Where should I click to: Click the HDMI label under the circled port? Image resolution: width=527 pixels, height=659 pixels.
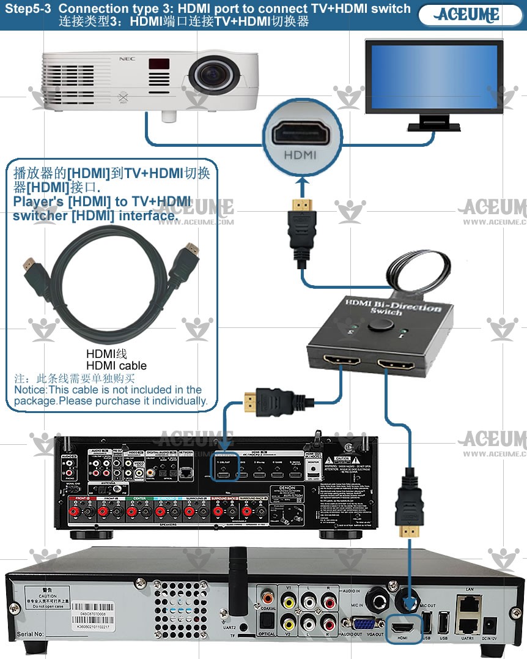300,155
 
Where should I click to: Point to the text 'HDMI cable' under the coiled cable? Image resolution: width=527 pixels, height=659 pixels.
116,366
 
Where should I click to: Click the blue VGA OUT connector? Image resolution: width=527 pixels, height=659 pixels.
366,624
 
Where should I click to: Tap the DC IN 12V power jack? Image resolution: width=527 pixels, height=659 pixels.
489,625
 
